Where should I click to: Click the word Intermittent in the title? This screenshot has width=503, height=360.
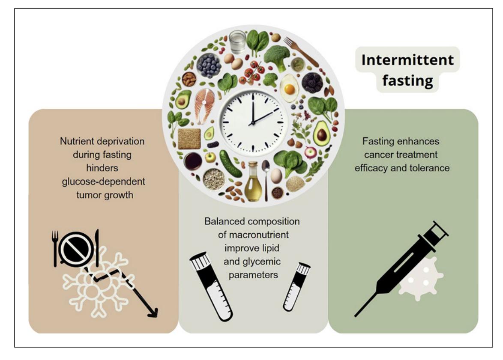pyautogui.click(x=407, y=60)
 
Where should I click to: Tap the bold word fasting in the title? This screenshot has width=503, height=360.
pyautogui.click(x=407, y=80)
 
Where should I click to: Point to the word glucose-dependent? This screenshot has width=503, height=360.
pyautogui.click(x=103, y=181)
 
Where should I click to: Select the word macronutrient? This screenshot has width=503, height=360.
pyautogui.click(x=253, y=235)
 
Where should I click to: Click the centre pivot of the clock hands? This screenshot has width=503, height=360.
pyautogui.click(x=253, y=122)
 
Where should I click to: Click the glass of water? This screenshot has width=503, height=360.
pyautogui.click(x=237, y=42)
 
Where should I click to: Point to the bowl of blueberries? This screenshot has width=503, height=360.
pyautogui.click(x=209, y=65)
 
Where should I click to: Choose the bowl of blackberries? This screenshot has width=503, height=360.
pyautogui.click(x=311, y=83)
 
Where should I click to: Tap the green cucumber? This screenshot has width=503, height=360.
pyautogui.click(x=231, y=164)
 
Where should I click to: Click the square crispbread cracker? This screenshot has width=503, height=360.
pyautogui.click(x=189, y=139)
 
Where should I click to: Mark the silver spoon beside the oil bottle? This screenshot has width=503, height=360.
pyautogui.click(x=266, y=179)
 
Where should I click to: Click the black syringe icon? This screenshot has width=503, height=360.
pyautogui.click(x=401, y=269)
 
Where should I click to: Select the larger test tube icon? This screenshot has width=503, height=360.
pyautogui.click(x=212, y=287)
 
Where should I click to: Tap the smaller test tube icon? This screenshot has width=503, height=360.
pyautogui.click(x=296, y=287)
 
